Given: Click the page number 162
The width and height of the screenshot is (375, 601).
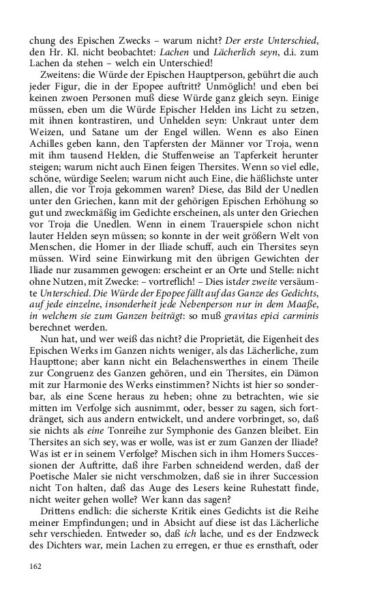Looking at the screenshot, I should [36, 565].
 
